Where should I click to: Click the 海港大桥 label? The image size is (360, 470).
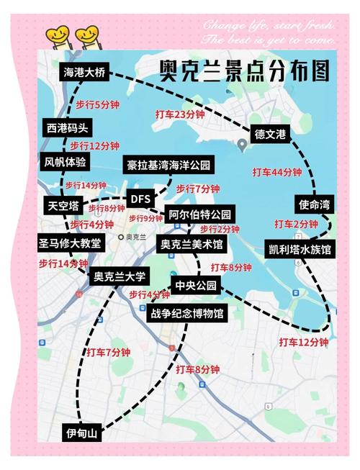coord(84,73)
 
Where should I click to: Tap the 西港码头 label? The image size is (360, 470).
coord(67,129)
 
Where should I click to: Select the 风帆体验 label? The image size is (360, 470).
coord(65,162)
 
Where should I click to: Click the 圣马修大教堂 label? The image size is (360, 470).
coord(70,243)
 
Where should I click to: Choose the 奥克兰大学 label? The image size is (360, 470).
coord(120,276)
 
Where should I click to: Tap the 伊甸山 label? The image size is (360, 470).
coord(81,433)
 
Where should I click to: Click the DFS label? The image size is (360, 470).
coord(139,199)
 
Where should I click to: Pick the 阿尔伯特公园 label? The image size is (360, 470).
coord(201,214)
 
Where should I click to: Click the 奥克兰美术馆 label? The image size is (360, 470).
coord(191,245)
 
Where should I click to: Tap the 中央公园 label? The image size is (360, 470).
coord(196,286)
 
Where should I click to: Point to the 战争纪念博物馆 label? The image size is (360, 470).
coord(186,314)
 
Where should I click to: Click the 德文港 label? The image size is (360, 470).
coord(270,134)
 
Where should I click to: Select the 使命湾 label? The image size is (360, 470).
coord(314,204)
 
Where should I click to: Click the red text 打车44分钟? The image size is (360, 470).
coord(276,172)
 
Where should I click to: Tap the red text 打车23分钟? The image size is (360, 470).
coord(180,114)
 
